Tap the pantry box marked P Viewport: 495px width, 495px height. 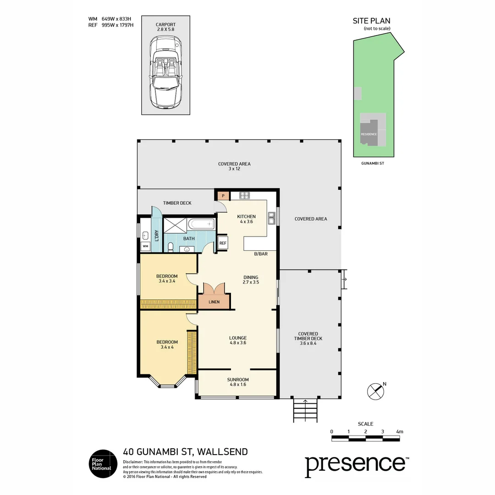point(223,196)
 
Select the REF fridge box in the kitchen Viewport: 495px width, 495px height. point(223,243)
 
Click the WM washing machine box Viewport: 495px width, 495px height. point(145,247)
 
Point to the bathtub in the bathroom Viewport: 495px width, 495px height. point(201,224)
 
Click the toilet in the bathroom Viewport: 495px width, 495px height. point(170,247)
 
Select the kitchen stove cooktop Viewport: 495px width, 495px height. point(245,195)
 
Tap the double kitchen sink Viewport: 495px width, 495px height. point(271,219)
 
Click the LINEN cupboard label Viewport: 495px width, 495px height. point(214,302)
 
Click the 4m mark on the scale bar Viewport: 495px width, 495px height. point(399,432)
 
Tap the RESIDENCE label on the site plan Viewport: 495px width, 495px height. point(369,134)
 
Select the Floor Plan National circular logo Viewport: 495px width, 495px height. point(102,463)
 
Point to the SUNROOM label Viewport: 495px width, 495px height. point(238,379)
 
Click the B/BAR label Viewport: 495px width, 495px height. point(261,253)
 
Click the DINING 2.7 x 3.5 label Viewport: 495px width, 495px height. point(251,280)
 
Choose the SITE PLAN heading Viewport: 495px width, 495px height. point(371,21)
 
